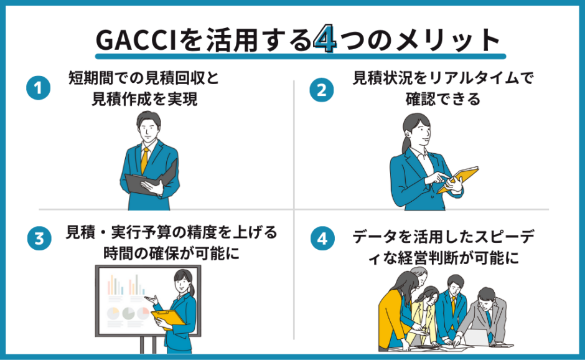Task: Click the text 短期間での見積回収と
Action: pos(144,78)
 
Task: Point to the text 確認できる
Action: pos(442,99)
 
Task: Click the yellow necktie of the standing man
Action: pos(144,161)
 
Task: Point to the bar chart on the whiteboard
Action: pos(116,285)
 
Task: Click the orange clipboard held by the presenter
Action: pos(167,317)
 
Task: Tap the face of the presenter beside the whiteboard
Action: pos(185,283)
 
